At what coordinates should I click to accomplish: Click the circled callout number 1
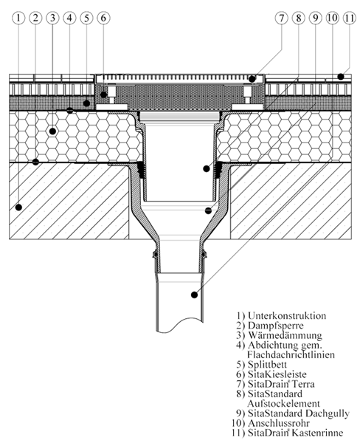pos(18,18)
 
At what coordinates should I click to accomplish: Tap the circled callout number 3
pos(52,18)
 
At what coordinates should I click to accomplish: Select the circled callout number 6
pos(103,18)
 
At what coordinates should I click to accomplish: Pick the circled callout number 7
pos(282,18)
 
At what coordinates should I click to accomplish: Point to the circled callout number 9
pos(316,18)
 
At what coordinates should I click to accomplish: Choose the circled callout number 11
pos(349,18)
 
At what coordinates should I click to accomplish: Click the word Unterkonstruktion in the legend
pos(287,315)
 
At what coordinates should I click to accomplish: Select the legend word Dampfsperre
pos(276,326)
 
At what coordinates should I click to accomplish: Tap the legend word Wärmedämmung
pos(285,335)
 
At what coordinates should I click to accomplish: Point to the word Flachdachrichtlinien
pos(291,354)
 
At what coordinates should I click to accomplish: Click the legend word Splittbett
pos(267,365)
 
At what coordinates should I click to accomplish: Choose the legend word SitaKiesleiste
pos(277,374)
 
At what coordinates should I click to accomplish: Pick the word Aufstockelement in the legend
pos(283,403)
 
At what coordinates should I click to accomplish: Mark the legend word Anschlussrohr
pos(279,423)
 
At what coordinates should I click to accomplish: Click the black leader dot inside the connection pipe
pos(194,295)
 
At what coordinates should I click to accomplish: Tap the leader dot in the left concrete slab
pos(18,207)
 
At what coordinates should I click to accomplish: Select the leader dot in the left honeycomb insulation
pos(52,131)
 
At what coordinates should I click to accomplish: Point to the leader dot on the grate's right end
pos(252,79)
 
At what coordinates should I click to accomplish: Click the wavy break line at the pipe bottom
pos(180,324)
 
